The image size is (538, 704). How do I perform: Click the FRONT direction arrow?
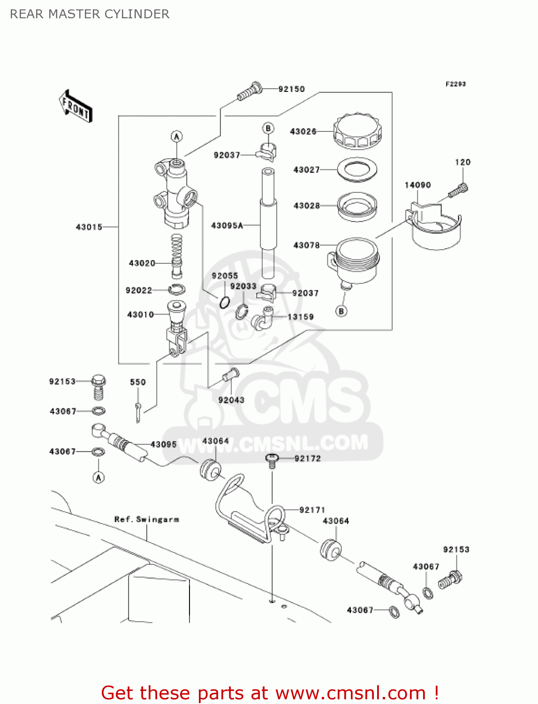point(75,107)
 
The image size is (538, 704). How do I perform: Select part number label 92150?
point(291,89)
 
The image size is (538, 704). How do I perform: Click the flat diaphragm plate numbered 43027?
point(357,169)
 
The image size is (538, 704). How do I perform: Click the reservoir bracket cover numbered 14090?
point(434,225)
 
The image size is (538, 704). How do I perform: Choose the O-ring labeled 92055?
point(225,302)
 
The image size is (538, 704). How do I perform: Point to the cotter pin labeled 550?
point(138,412)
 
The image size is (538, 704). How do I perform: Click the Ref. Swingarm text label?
point(146,519)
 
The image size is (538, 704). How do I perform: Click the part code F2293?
point(455,84)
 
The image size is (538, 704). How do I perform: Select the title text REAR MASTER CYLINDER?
point(90,14)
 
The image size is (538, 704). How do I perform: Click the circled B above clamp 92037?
point(268,128)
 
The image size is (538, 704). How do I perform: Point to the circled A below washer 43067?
point(98,477)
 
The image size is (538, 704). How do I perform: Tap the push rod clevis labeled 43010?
point(176,329)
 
